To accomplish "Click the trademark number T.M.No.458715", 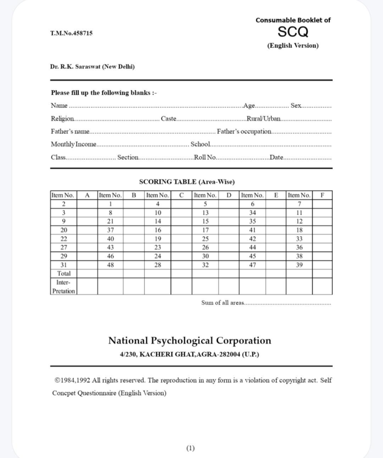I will coord(71,33).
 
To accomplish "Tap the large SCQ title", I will coord(293,32).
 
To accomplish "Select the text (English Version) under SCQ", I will coord(293,45).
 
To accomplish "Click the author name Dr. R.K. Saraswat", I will coord(92,67).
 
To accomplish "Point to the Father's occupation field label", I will coord(244,131).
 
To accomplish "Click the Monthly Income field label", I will coord(74,144).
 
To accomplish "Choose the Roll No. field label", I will coord(205,157).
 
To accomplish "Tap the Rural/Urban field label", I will coord(264,119).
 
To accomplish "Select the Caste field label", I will coord(169,119).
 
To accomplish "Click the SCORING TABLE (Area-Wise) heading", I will coord(187,182).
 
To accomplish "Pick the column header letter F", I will coord(322,195).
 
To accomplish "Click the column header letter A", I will coord(87,195).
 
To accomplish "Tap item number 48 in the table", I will coord(110,265).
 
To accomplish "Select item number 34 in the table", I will coord(252,213).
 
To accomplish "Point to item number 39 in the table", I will coord(299,265).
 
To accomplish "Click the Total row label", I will coord(64,274).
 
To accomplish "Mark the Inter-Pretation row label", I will coord(64,287).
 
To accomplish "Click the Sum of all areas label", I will coord(222,303).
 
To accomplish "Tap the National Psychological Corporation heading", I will coord(190,341).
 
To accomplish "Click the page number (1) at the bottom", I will coord(190,448).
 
